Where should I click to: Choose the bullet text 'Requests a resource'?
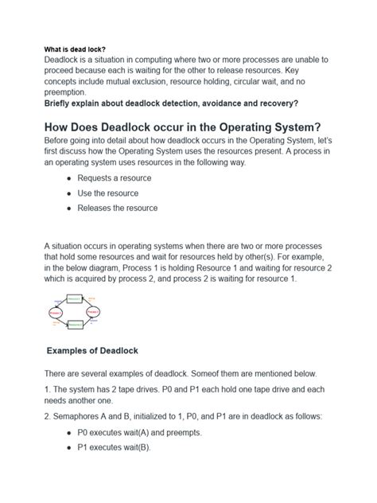pos(114,178)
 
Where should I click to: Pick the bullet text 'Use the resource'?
pos(107,193)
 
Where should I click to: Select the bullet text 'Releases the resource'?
pos(117,209)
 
